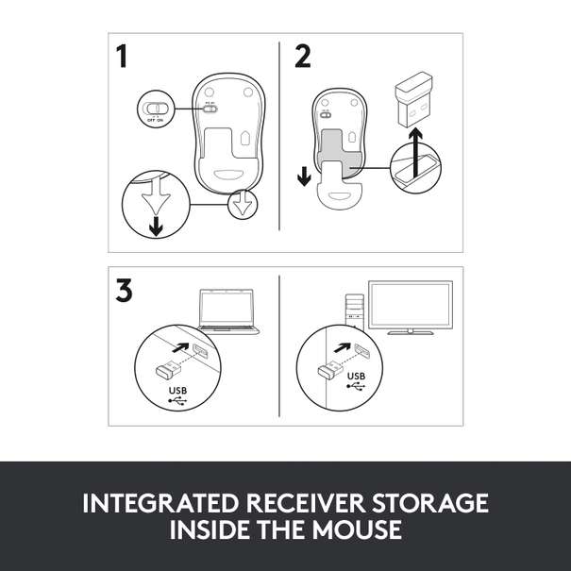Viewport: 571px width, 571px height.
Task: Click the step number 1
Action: pos(122,58)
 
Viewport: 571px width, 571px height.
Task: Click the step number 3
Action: pos(123,291)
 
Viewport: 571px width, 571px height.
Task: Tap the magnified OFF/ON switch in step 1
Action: pos(155,107)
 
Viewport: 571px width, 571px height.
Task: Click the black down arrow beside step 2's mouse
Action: pos(302,177)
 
